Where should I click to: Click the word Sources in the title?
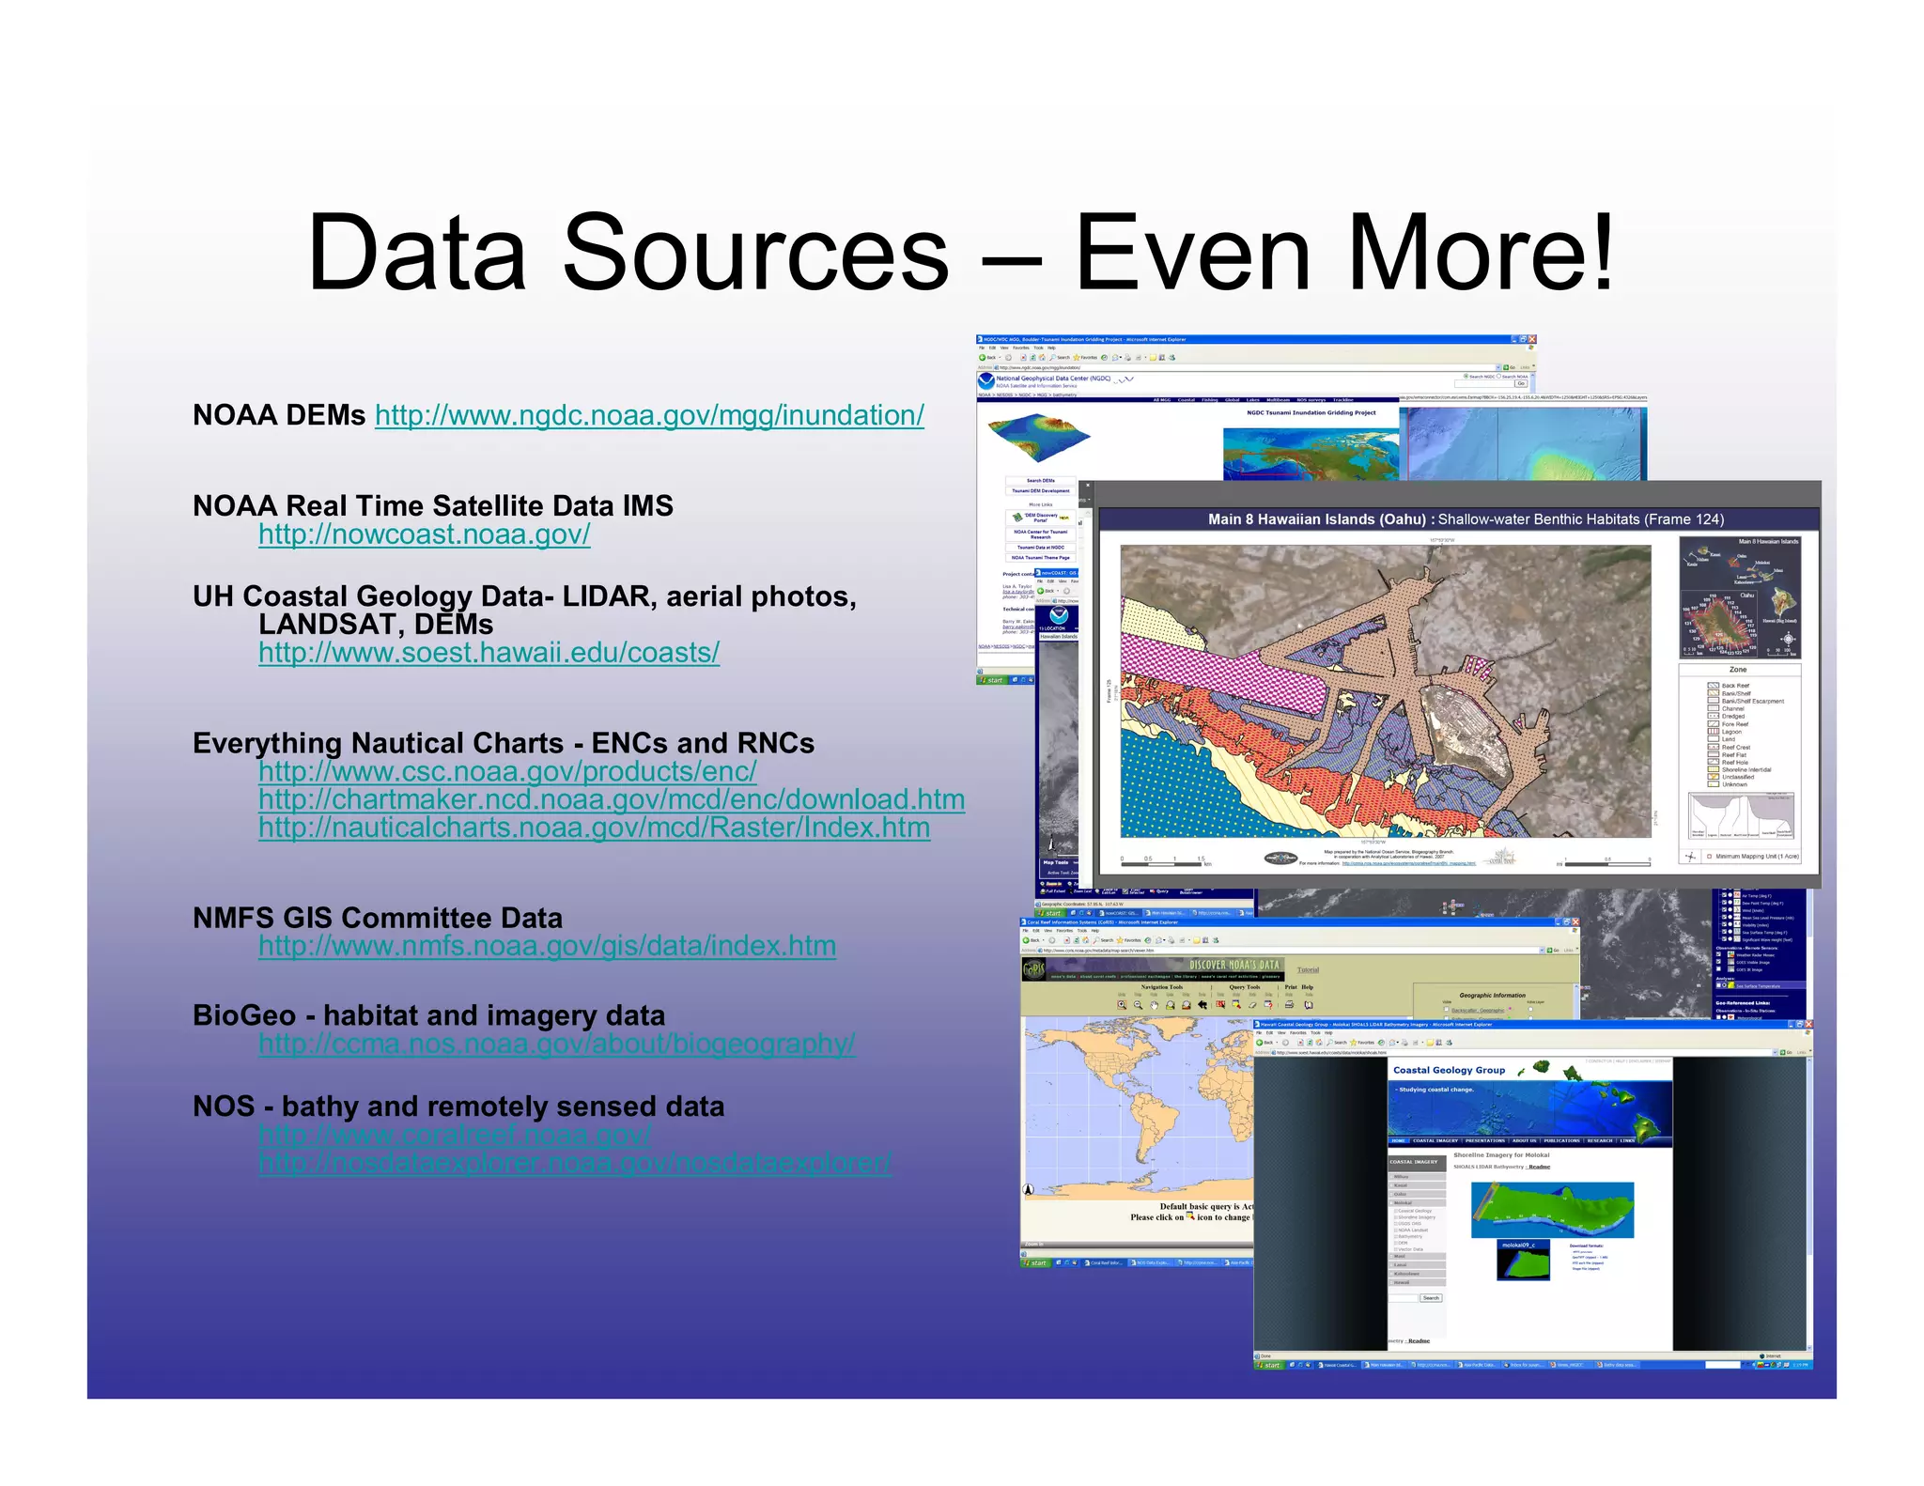click(x=755, y=254)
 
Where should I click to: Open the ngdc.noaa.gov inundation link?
click(x=649, y=415)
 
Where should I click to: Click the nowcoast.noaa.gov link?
click(x=425, y=534)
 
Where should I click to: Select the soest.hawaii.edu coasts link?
click(x=489, y=652)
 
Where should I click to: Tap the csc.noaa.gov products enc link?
click(x=507, y=771)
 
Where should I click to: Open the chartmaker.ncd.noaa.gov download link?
click(x=612, y=799)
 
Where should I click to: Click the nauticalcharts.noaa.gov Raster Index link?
click(x=594, y=828)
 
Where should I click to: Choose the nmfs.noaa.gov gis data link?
click(x=547, y=946)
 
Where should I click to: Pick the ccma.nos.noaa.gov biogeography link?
click(x=556, y=1044)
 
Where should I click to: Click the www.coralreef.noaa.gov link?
click(x=455, y=1135)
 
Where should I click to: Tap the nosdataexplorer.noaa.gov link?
click(x=575, y=1163)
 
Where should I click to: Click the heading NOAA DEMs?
click(x=278, y=415)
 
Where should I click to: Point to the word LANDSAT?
click(x=331, y=625)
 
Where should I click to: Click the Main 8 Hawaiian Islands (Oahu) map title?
click(x=1317, y=519)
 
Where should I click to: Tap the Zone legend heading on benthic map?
click(x=1738, y=670)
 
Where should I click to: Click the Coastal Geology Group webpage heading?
click(x=1449, y=1070)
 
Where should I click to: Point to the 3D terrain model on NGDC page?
click(x=1038, y=437)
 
